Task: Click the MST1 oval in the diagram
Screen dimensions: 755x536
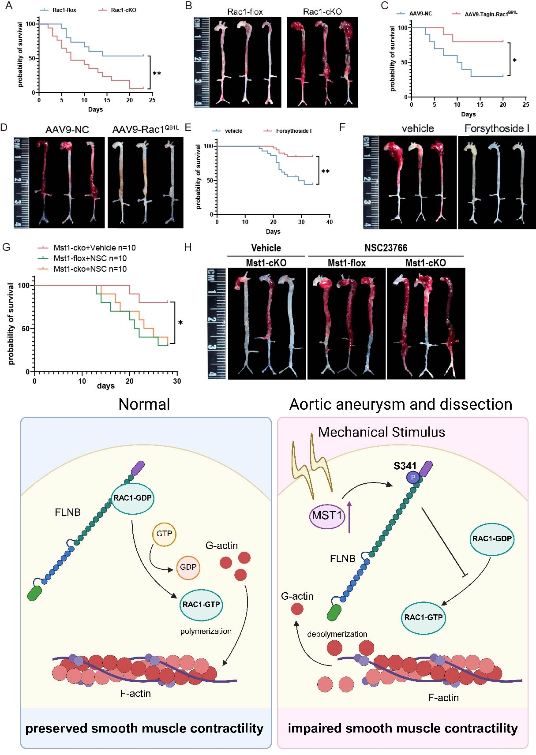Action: pyautogui.click(x=327, y=516)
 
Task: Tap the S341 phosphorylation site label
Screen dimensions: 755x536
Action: pyautogui.click(x=405, y=466)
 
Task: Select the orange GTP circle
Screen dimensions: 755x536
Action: pyautogui.click(x=164, y=534)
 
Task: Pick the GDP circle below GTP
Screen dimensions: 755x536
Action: pyautogui.click(x=188, y=567)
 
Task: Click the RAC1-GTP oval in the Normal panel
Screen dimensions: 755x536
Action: pyautogui.click(x=201, y=605)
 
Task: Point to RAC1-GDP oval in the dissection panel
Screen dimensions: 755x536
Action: pyautogui.click(x=491, y=538)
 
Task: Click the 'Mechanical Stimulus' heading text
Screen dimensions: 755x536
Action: pyautogui.click(x=381, y=432)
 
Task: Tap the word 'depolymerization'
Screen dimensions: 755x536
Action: pyautogui.click(x=337, y=634)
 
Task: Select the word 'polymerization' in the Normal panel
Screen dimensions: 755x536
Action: pyautogui.click(x=206, y=631)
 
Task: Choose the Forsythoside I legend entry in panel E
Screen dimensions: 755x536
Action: pyautogui.click(x=293, y=131)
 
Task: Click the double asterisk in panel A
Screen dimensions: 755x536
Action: pyautogui.click(x=157, y=74)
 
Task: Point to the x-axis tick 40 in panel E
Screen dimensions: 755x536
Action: pyautogui.click(x=330, y=222)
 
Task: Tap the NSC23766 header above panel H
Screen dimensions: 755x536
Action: pyautogui.click(x=386, y=248)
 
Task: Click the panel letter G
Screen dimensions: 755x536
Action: pyautogui.click(x=6, y=247)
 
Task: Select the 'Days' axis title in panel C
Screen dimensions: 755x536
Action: pyautogui.click(x=468, y=114)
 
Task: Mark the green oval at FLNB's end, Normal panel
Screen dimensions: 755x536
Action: pyautogui.click(x=34, y=593)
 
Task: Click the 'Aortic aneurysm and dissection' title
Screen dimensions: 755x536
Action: pyautogui.click(x=401, y=404)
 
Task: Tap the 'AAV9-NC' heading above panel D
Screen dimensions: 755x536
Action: pyautogui.click(x=67, y=130)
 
